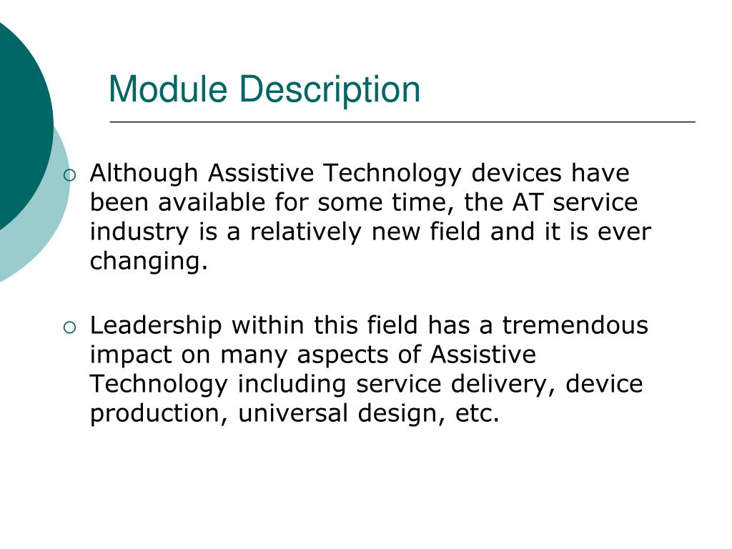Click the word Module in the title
[x=169, y=89]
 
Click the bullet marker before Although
[x=69, y=174]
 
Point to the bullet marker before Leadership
[x=69, y=327]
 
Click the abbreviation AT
[x=528, y=203]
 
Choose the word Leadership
[x=156, y=326]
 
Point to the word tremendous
[x=575, y=326]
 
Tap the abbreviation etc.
[x=477, y=415]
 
